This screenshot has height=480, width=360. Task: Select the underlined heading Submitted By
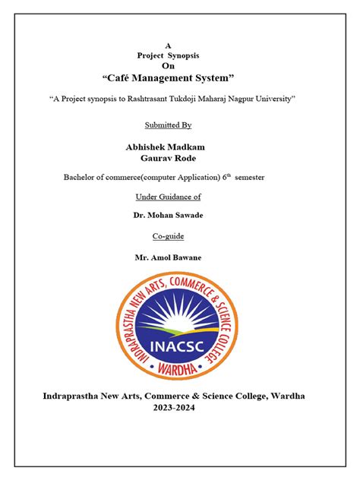(x=168, y=125)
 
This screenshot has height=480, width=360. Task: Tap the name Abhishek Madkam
(x=168, y=146)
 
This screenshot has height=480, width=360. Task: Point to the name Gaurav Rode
(x=168, y=158)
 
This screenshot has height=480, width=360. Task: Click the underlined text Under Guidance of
(x=168, y=197)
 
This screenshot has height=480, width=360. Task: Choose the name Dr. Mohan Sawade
(x=168, y=216)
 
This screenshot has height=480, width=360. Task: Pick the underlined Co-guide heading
(x=168, y=237)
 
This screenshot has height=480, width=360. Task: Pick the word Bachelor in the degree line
(x=80, y=177)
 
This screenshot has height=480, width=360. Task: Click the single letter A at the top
(x=168, y=46)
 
